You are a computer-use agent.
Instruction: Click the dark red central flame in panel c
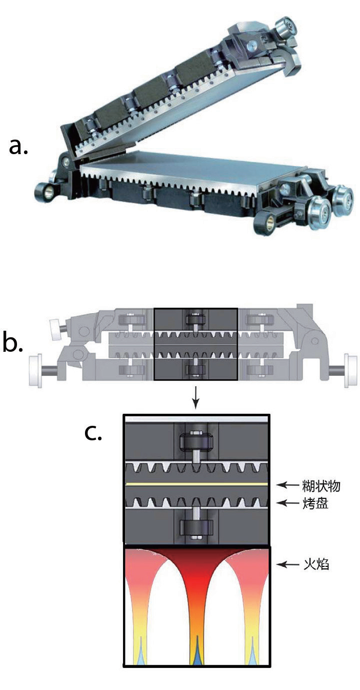pyautogui.click(x=196, y=575)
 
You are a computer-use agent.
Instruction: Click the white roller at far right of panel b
pyautogui.click(x=350, y=371)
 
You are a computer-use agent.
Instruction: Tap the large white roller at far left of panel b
pyautogui.click(x=36, y=371)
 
